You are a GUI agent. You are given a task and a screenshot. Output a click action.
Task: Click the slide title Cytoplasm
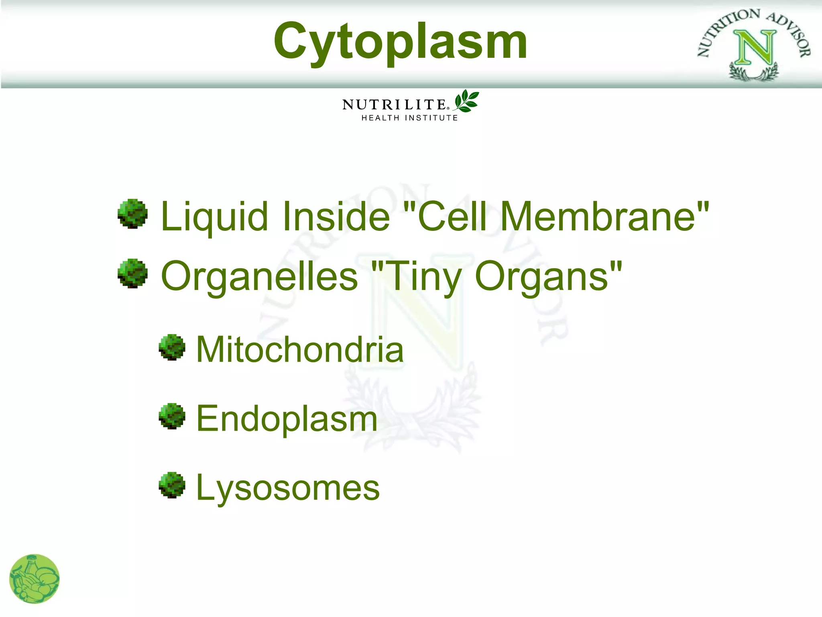pos(400,41)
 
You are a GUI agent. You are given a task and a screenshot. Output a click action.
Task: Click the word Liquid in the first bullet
pos(214,217)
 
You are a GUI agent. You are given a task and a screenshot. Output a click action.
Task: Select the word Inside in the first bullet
pos(336,217)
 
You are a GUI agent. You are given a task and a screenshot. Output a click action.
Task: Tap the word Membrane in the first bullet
pos(598,217)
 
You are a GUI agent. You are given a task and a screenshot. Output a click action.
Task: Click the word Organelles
pos(259,276)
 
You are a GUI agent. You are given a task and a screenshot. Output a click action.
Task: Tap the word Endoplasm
pos(287,419)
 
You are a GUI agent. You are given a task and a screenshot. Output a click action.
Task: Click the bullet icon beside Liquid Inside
pos(132,214)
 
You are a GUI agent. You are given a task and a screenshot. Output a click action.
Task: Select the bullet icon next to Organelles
pos(132,274)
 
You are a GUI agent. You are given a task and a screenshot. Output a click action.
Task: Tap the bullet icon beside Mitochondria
pos(172,347)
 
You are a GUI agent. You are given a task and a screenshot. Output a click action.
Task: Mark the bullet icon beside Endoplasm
pos(172,416)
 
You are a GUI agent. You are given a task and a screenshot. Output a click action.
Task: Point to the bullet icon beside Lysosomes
pos(172,485)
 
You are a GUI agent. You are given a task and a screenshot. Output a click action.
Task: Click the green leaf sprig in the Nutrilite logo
pos(466,101)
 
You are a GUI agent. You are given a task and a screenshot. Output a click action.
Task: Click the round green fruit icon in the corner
pos(35,579)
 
